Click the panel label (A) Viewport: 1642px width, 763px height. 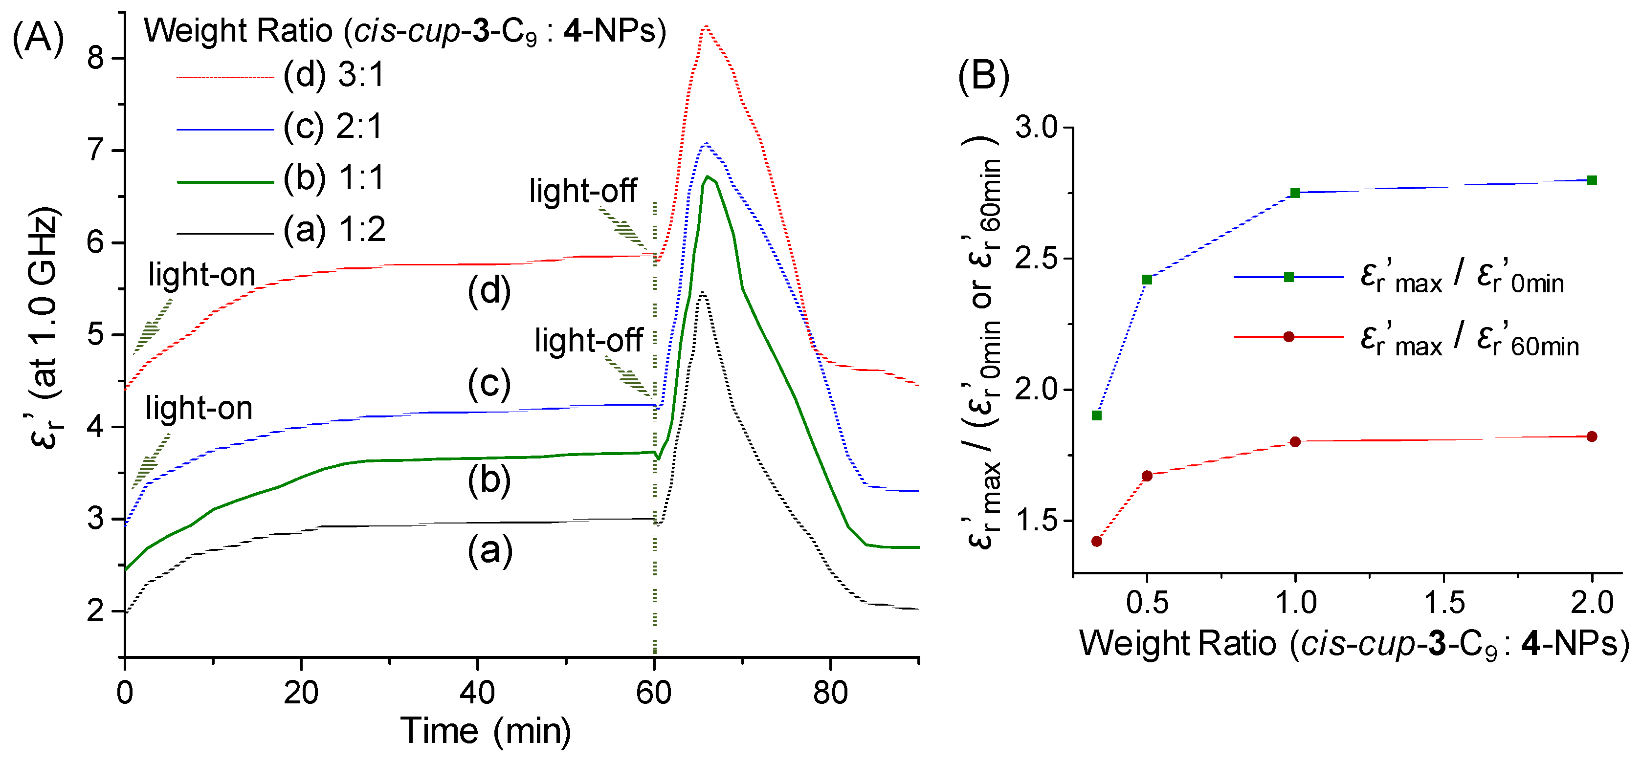point(38,38)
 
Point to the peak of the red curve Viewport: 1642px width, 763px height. point(706,27)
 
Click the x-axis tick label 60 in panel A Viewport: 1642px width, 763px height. point(654,692)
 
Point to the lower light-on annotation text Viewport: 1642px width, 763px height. point(199,408)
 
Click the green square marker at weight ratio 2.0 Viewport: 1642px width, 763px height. point(1592,180)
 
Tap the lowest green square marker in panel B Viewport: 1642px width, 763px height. point(1097,415)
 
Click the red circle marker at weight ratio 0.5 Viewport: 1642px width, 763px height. point(1147,476)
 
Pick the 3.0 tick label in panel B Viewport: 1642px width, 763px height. point(1036,128)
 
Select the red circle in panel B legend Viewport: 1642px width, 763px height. point(1289,337)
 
